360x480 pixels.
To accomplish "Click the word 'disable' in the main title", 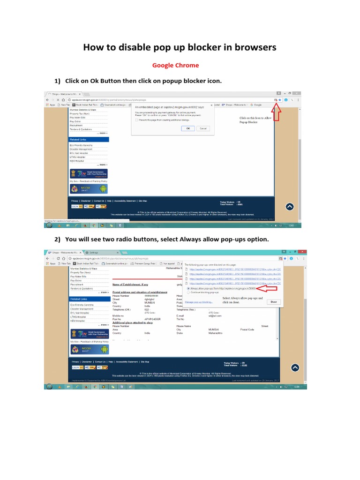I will point(133,47).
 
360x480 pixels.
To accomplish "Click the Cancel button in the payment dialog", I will point(203,128).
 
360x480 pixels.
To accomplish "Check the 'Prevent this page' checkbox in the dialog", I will point(137,120).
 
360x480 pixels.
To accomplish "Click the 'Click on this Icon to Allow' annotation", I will point(255,118).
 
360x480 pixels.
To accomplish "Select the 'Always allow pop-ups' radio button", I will point(188,288).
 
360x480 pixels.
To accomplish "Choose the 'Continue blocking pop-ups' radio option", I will point(188,292).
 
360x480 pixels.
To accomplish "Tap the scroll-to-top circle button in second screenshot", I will point(294,367).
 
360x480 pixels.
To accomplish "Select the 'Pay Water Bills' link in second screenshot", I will point(78,276).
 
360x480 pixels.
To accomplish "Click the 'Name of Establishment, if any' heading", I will point(130,284).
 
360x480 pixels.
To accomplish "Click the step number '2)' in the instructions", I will point(58,240).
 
